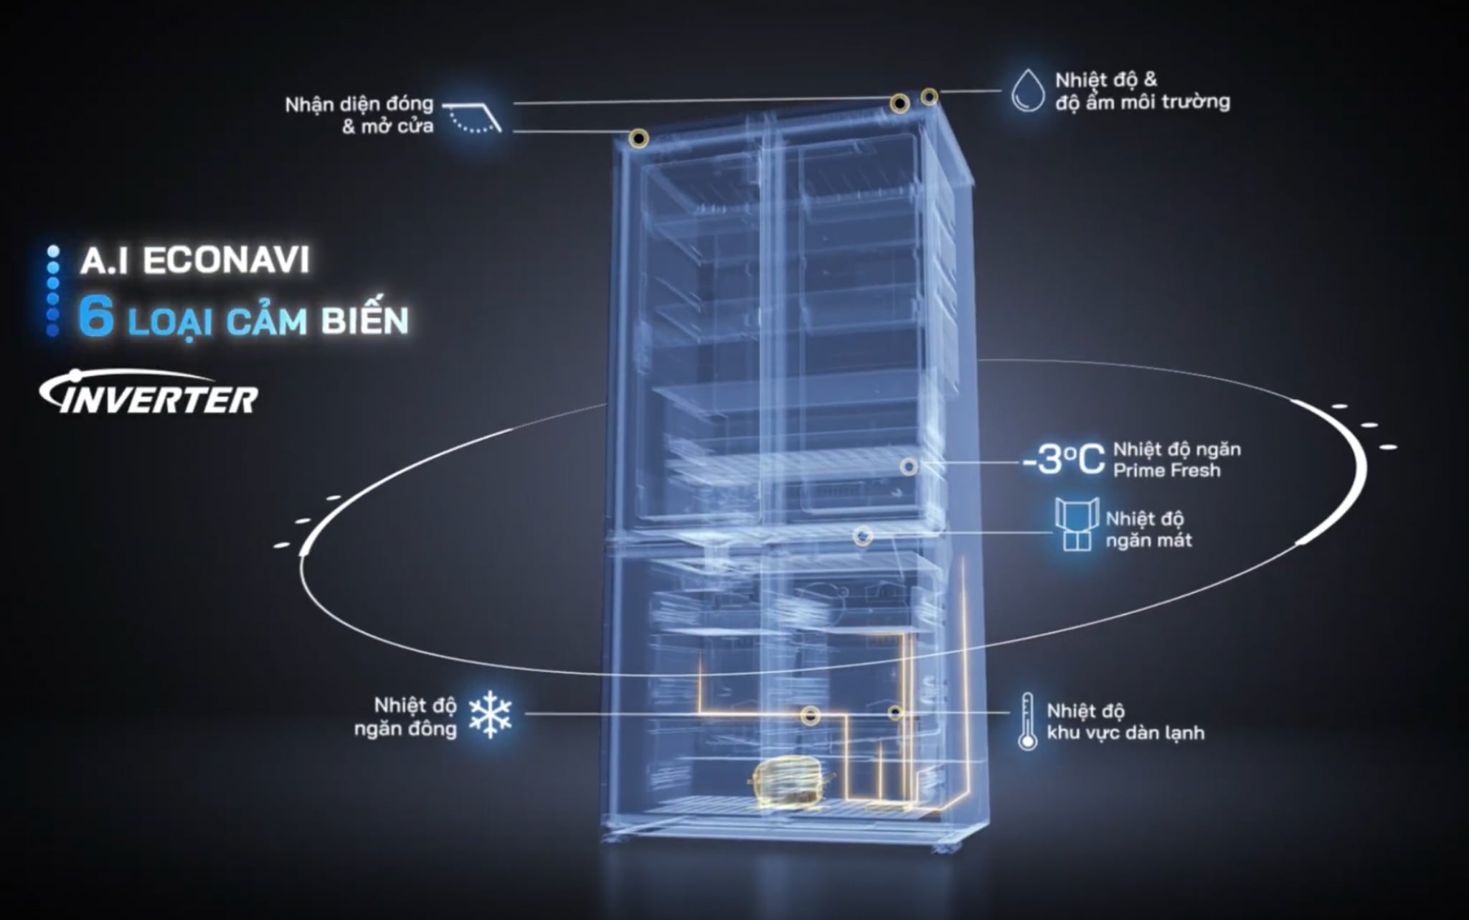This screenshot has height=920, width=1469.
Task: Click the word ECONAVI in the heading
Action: coord(226,260)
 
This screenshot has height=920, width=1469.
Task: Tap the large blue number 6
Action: coord(96,317)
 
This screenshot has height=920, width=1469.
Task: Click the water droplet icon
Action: coord(1027,90)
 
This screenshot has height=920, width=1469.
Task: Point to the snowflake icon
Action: coord(490,715)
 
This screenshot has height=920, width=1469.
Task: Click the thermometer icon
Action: coord(1027,722)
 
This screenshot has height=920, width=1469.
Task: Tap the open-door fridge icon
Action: coord(1077,525)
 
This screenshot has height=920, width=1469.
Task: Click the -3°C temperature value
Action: coord(1064,460)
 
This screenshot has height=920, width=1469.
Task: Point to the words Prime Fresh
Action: coord(1166,471)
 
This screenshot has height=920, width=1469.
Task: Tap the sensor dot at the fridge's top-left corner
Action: coord(638,139)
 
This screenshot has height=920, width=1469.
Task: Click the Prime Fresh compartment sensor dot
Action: coord(909,466)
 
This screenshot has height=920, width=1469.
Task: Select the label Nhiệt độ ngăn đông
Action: coord(406,717)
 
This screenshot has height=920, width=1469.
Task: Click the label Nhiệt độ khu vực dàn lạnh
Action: coord(1125,722)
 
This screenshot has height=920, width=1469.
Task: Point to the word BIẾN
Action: coord(364,319)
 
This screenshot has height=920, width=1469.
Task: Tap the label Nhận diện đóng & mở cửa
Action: coord(359,115)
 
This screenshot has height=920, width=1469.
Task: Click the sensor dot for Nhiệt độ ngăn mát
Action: coord(863,535)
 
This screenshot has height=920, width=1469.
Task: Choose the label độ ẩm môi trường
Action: coord(1143,102)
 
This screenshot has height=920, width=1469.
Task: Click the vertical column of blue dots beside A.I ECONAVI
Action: coord(52,291)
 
